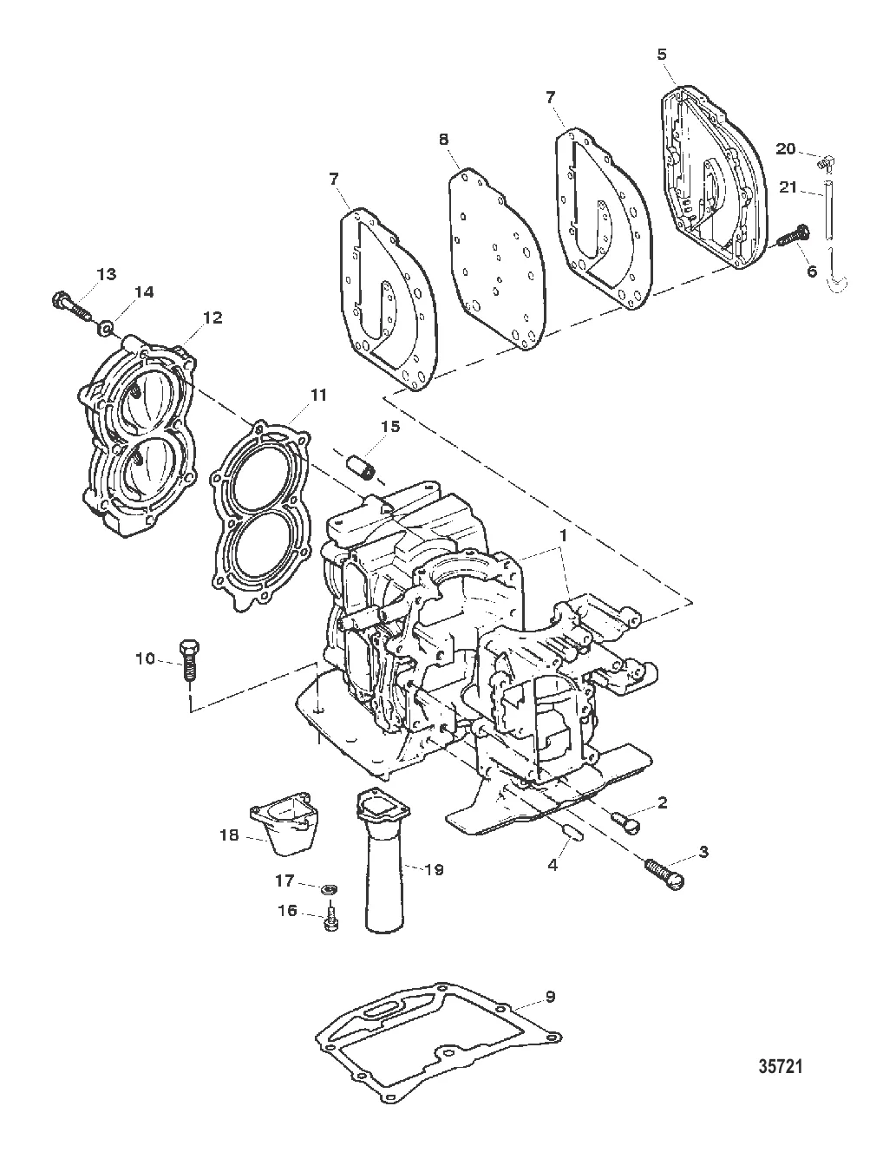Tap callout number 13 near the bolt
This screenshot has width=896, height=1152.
[106, 274]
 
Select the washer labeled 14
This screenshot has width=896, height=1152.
[106, 328]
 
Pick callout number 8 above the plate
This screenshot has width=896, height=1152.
[444, 138]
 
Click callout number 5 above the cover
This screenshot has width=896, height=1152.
[662, 54]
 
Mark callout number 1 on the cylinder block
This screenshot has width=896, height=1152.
[563, 536]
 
